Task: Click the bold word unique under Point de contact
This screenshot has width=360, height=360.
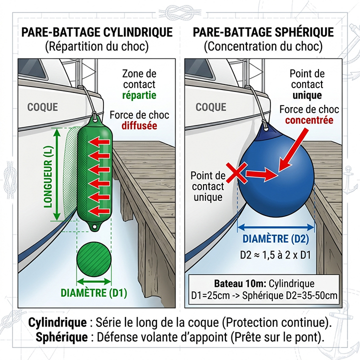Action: click(307, 95)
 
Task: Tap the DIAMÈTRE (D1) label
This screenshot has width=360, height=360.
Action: click(93, 293)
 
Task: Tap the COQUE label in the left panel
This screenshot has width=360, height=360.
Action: click(42, 107)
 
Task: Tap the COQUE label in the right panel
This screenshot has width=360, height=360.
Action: click(211, 107)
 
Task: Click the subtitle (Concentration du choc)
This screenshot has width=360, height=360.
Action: click(263, 47)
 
